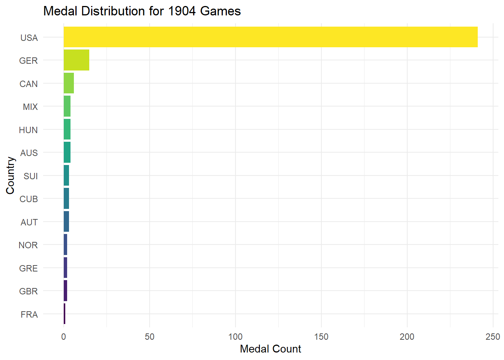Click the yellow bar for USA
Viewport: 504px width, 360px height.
coord(270,37)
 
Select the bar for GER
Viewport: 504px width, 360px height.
coord(76,60)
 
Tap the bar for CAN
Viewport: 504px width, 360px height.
coord(69,83)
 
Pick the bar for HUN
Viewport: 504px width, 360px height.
coord(67,129)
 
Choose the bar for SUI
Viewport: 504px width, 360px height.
coord(66,175)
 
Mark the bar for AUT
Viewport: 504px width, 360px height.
coord(66,222)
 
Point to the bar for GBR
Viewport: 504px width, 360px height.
coord(66,291)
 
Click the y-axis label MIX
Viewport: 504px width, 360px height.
coord(30,107)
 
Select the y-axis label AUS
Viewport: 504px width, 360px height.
coord(29,153)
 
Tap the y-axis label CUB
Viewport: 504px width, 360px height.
coord(28,199)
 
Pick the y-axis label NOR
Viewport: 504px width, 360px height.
coord(28,245)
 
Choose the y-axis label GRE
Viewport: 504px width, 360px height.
coord(28,268)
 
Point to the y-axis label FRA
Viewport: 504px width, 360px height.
coord(29,315)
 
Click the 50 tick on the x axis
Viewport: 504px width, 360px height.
coord(150,337)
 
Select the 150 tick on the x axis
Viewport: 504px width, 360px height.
coord(321,337)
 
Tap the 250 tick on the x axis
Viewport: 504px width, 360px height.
coord(493,337)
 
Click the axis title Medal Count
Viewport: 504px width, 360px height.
coord(270,349)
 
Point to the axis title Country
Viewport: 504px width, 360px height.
coord(10,175)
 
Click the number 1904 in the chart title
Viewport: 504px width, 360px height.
coord(182,11)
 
